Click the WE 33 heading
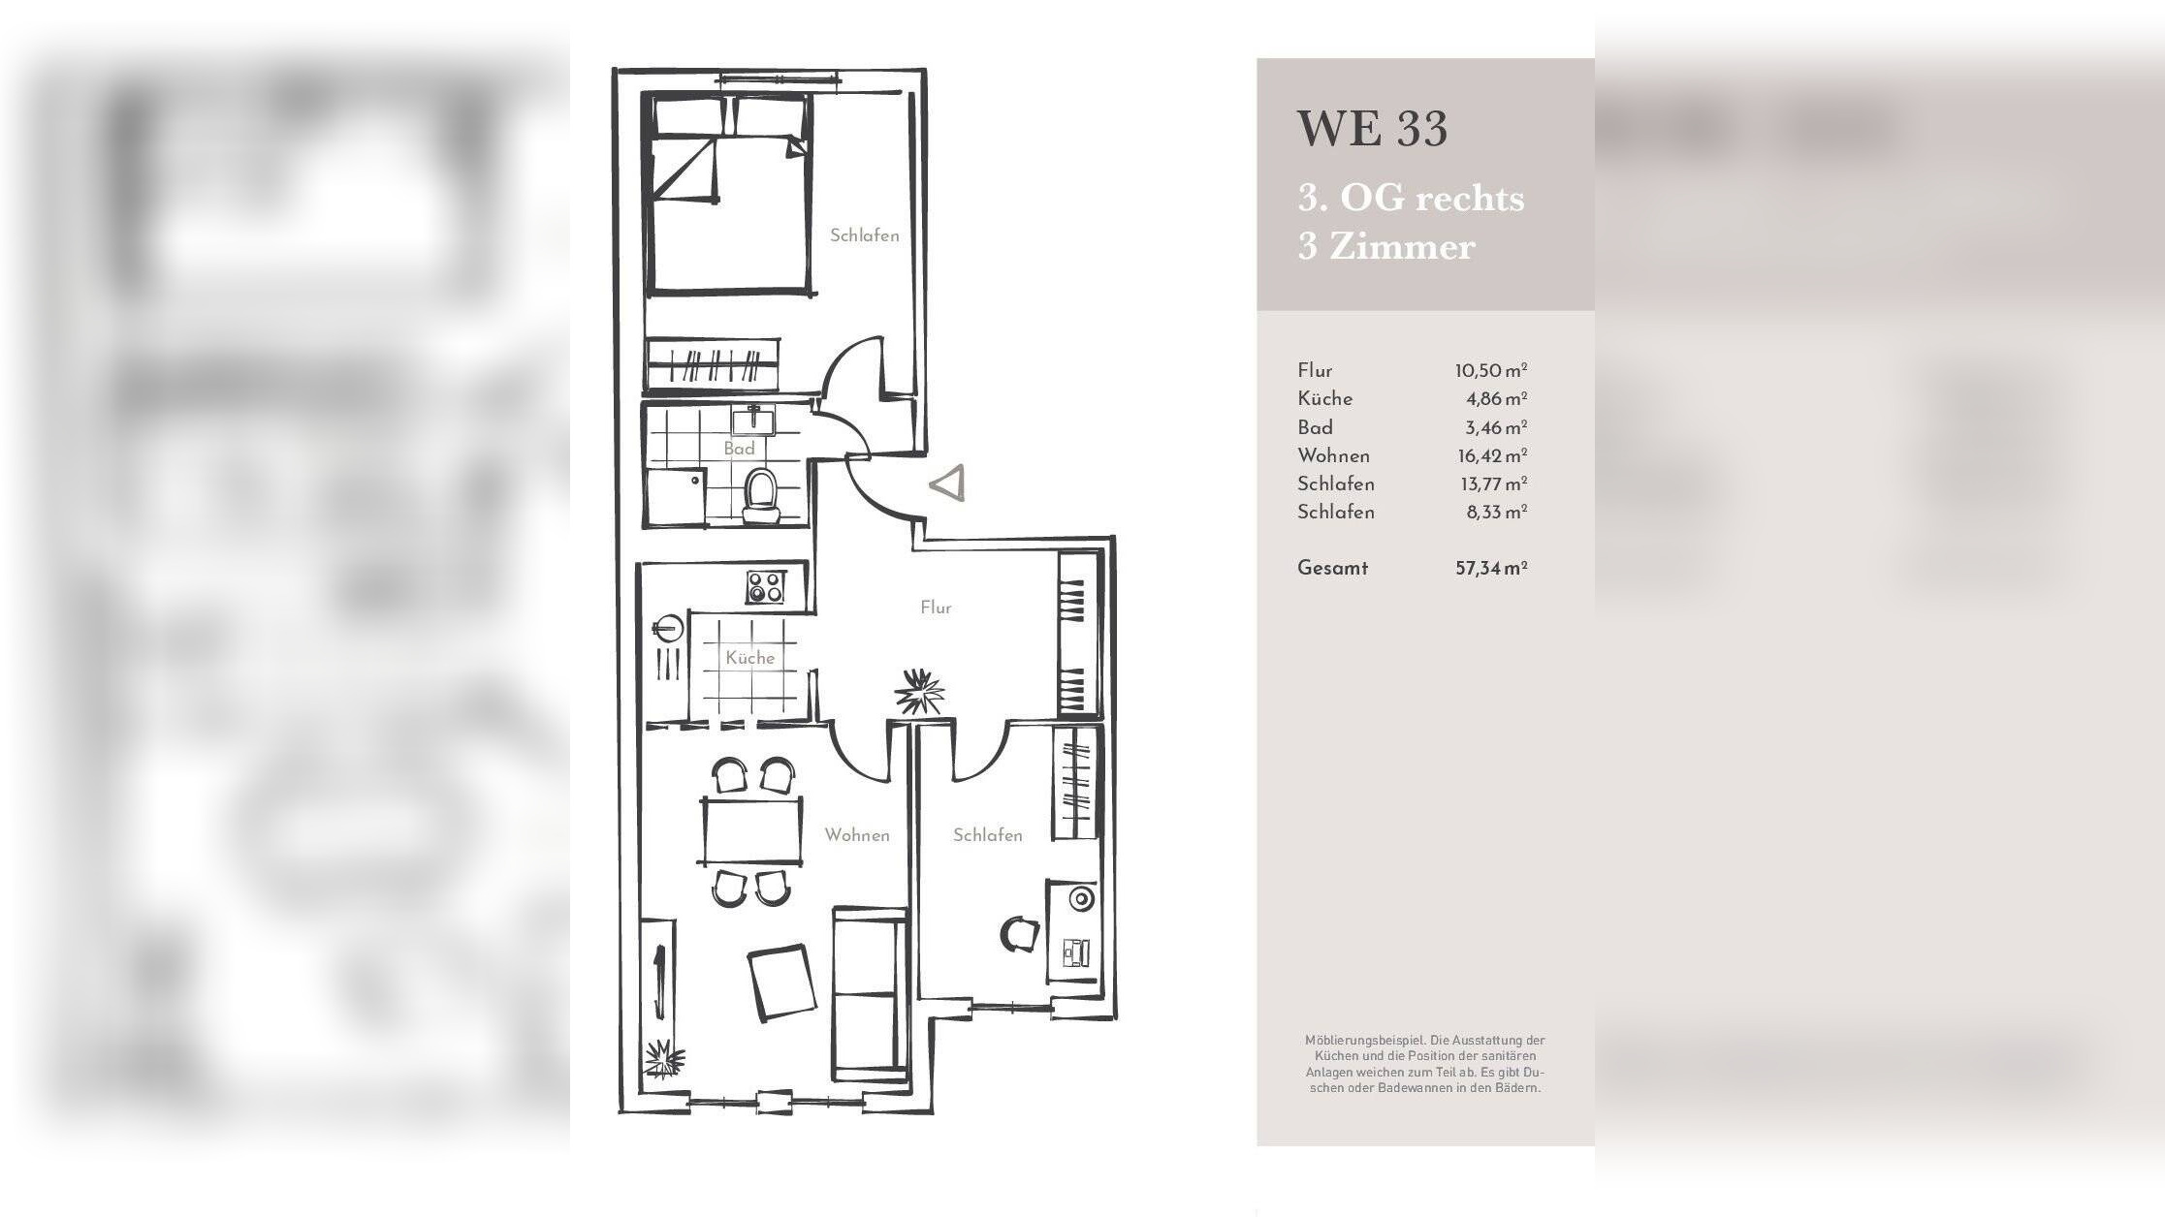point(1372,129)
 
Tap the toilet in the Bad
point(758,496)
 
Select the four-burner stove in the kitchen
point(765,587)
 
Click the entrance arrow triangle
point(948,484)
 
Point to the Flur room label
point(936,608)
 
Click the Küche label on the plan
point(750,658)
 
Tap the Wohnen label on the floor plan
point(857,835)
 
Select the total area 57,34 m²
point(1491,569)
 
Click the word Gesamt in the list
point(1332,568)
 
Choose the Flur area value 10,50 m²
point(1491,371)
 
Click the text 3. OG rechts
point(1411,198)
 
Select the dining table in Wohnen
point(751,830)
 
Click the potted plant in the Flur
point(918,692)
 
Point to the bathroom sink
point(752,421)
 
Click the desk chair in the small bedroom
point(1020,934)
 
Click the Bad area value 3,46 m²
point(1496,427)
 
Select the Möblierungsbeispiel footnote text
point(1424,1064)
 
